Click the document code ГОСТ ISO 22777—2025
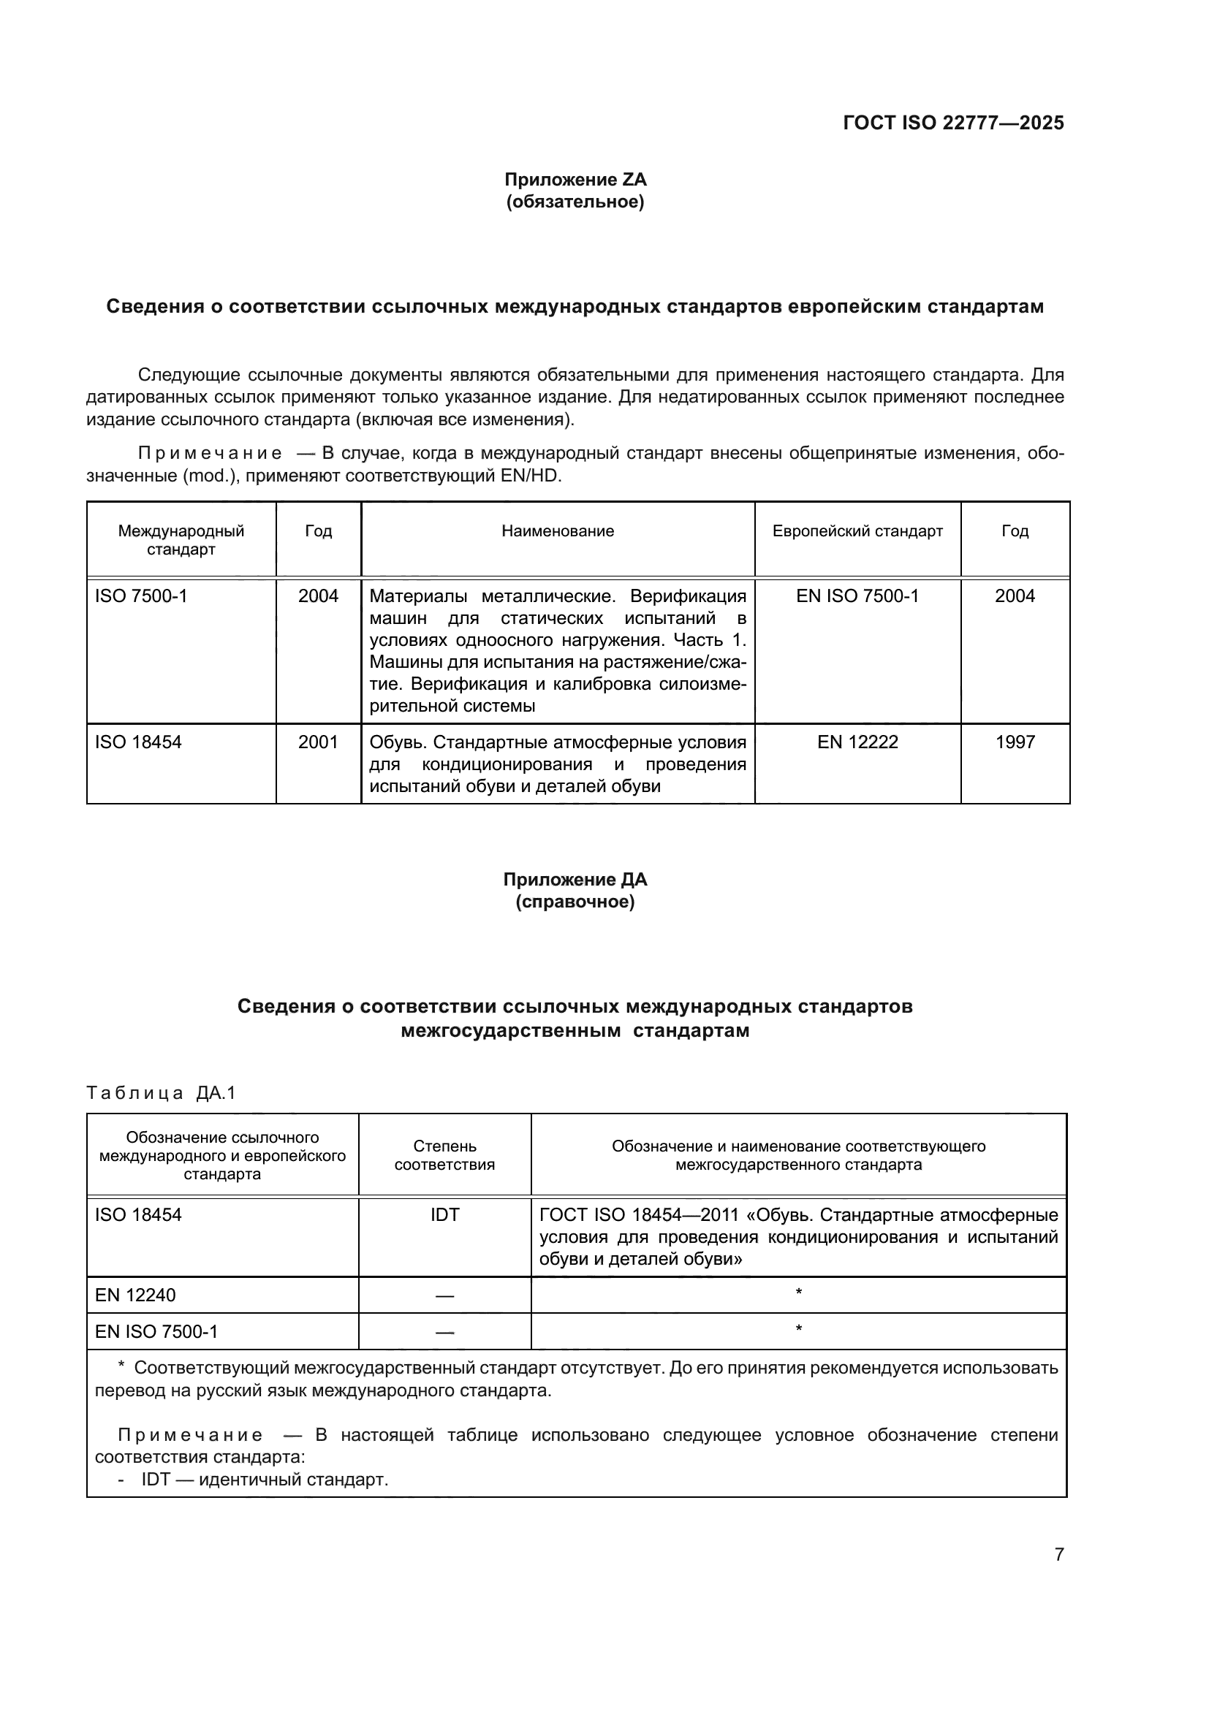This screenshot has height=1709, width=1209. click(x=953, y=123)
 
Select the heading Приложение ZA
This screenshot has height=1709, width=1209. click(x=575, y=180)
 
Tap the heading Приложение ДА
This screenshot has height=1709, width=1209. click(x=575, y=879)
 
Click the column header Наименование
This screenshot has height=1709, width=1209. click(x=558, y=530)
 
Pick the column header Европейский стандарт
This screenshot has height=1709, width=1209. click(x=857, y=530)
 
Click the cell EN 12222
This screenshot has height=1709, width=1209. click(x=857, y=742)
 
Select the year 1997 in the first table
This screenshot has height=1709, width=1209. click(x=1015, y=742)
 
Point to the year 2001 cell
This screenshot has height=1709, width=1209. click(x=318, y=742)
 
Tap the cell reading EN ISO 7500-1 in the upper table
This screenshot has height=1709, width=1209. click(x=857, y=596)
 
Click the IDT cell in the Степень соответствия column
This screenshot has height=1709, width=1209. click(x=444, y=1215)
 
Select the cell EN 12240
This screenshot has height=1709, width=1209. click(x=134, y=1295)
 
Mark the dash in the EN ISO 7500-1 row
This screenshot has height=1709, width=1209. click(x=444, y=1333)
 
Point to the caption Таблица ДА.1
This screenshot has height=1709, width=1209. click(x=161, y=1092)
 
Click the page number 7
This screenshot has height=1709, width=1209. click(x=1058, y=1554)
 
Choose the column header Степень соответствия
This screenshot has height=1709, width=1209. click(x=444, y=1155)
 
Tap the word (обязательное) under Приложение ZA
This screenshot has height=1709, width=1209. click(x=575, y=202)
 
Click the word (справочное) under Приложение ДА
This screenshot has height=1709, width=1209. click(x=575, y=902)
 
